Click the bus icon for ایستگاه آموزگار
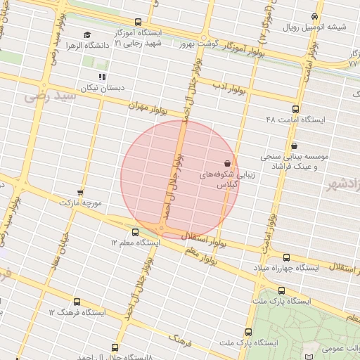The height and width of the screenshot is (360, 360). [x=137, y=22]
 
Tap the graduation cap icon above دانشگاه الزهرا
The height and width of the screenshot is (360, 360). [x=87, y=35]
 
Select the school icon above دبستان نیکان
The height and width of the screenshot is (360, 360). [x=103, y=77]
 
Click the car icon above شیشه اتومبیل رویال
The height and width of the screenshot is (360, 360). [x=314, y=17]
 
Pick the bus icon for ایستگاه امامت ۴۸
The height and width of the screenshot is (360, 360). [x=295, y=109]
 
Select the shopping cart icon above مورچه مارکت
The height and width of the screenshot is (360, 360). [x=80, y=191]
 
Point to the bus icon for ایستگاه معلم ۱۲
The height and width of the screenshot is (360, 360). [x=135, y=231]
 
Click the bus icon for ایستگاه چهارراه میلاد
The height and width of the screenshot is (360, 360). [x=286, y=257]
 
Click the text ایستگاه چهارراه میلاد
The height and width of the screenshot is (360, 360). [x=289, y=268]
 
